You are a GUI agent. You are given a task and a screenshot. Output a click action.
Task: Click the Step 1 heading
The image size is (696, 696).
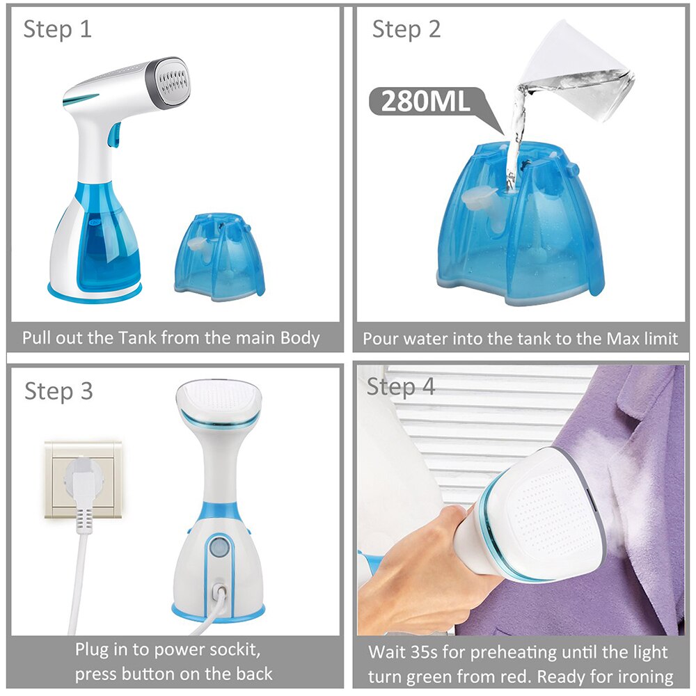[x=57, y=30]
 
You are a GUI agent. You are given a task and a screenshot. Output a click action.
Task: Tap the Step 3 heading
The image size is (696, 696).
[x=58, y=390]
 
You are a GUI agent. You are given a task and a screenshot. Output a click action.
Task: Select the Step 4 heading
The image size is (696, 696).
[x=401, y=386]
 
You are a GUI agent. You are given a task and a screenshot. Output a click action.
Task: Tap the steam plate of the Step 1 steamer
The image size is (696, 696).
[x=170, y=83]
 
